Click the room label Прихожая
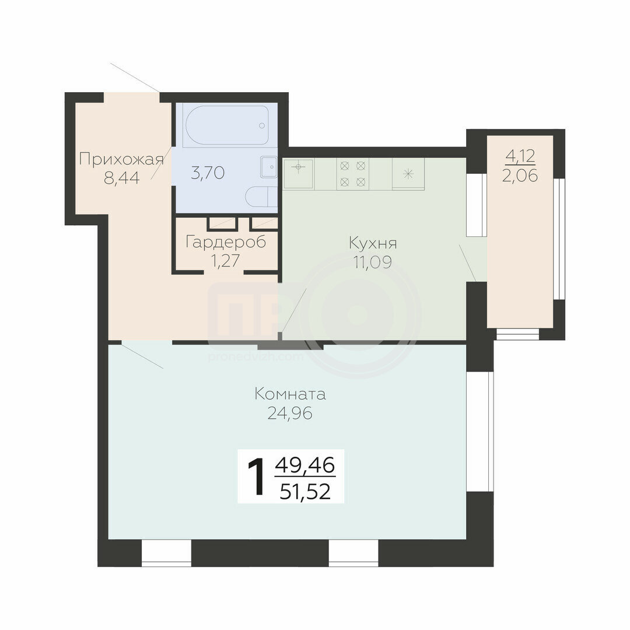tap(121, 159)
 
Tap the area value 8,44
tap(122, 177)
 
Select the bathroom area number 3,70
tap(207, 173)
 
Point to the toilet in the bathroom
tap(261, 197)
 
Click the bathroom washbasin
tap(269, 167)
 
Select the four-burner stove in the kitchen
tap(352, 174)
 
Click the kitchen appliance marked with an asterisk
tap(408, 174)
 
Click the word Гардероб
tap(225, 242)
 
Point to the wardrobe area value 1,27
tap(225, 261)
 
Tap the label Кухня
tap(373, 243)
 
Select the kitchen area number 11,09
tap(372, 262)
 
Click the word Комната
tap(290, 394)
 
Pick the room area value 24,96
tap(290, 413)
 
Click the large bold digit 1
tap(256, 477)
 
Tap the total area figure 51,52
tap(305, 491)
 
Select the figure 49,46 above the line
tap(305, 466)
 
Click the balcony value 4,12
tap(520, 156)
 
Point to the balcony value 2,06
tap(520, 176)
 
